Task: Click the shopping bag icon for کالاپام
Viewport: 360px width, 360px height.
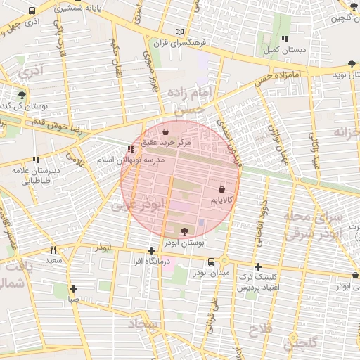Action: [222, 189]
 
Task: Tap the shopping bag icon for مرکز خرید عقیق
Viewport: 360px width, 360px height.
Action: [165, 131]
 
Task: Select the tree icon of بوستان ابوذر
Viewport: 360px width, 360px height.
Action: [185, 230]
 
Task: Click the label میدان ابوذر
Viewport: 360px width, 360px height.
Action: [212, 273]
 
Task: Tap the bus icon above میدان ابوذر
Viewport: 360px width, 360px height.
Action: [212, 262]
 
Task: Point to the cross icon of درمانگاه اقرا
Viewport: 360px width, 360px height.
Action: [152, 251]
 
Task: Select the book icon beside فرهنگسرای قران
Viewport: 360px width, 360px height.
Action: [180, 32]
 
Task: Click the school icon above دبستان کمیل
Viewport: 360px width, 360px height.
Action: [284, 39]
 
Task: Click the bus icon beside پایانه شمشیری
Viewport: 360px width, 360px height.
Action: [32, 11]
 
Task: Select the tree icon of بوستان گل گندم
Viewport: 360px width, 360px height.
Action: [22, 94]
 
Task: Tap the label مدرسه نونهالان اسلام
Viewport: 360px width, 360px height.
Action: [131, 160]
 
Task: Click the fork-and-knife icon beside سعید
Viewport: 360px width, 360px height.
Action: [53, 250]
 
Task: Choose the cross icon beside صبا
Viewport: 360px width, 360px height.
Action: [74, 288]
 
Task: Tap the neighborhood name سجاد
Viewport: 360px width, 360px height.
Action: [144, 324]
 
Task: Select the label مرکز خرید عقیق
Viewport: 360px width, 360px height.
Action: [166, 143]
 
